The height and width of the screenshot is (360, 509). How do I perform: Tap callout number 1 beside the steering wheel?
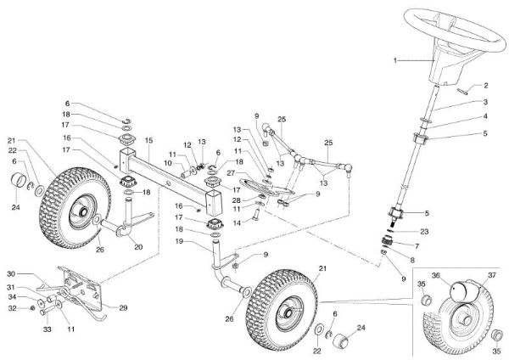[x=395, y=61]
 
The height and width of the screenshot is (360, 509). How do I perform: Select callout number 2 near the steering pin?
[x=486, y=86]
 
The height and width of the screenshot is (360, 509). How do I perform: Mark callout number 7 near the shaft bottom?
[x=413, y=244]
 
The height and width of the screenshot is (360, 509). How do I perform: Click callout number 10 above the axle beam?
[x=167, y=162]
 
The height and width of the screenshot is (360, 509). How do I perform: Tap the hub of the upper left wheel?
[x=82, y=205]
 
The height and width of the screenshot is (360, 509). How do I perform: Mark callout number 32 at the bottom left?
[x=24, y=308]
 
